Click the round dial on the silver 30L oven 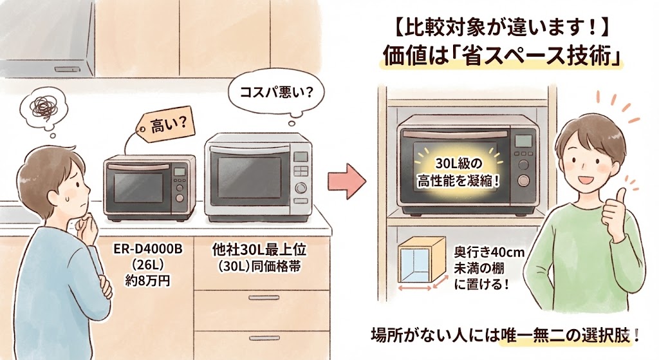301,189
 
